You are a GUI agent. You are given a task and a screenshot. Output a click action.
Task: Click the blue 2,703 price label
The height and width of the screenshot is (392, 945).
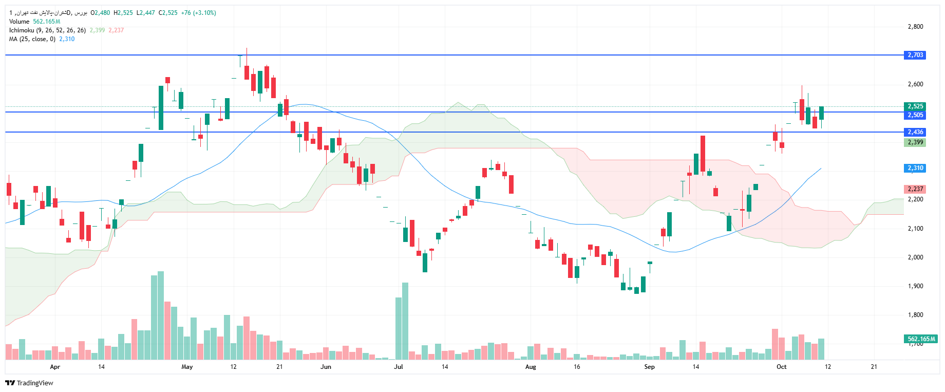(x=915, y=55)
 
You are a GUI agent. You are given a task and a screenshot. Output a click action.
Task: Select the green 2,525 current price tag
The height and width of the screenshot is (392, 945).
(x=915, y=106)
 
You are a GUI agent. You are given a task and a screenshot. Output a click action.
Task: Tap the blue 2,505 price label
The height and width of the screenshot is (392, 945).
(x=915, y=115)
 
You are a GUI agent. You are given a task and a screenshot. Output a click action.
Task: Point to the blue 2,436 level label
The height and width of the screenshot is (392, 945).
(x=915, y=132)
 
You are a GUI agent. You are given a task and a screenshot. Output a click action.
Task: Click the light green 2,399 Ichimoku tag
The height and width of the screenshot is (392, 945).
(x=915, y=142)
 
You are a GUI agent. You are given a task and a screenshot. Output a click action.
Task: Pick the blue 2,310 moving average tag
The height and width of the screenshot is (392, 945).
(x=915, y=168)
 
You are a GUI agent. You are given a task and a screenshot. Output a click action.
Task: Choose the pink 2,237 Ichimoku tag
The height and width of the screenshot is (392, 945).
(x=915, y=189)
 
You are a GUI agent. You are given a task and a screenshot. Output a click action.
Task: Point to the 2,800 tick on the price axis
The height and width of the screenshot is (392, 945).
(x=915, y=27)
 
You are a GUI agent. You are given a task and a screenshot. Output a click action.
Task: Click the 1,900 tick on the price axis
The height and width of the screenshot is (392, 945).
(x=915, y=286)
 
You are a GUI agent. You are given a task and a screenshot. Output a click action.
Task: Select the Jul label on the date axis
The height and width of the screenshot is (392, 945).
(x=398, y=367)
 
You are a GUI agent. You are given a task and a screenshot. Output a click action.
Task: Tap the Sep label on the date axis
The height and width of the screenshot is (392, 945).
(x=649, y=367)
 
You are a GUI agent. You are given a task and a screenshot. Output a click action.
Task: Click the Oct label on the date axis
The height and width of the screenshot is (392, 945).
(x=781, y=367)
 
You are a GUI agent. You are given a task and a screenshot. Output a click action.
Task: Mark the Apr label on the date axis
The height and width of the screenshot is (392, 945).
(x=55, y=367)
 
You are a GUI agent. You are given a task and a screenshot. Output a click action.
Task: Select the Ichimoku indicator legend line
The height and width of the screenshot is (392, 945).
(x=47, y=30)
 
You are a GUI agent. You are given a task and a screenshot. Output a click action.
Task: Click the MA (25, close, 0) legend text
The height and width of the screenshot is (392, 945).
(x=32, y=39)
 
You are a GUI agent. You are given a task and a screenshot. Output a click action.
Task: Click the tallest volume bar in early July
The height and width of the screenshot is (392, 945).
(x=405, y=321)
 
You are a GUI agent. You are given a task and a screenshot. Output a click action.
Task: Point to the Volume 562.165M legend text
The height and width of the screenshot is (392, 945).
(x=34, y=22)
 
